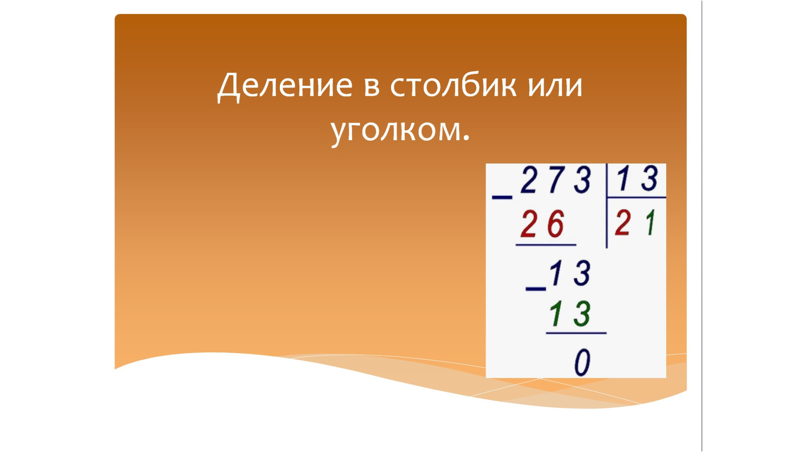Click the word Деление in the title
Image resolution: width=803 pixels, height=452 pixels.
tap(285, 86)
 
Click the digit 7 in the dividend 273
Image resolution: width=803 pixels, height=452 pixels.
tap(557, 180)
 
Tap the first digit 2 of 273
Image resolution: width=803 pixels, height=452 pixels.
tap(529, 180)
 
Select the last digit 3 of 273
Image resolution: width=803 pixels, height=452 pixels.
tap(582, 180)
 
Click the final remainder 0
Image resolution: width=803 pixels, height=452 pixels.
tap(582, 362)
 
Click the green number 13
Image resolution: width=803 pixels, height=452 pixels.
tap(570, 313)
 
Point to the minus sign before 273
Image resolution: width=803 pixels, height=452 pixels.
tap(502, 197)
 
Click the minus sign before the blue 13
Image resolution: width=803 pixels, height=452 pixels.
tap(536, 289)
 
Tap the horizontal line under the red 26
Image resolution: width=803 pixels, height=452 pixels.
tap(546, 245)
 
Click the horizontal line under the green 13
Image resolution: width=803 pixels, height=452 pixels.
tap(576, 333)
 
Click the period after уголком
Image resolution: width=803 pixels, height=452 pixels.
tap(466, 139)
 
